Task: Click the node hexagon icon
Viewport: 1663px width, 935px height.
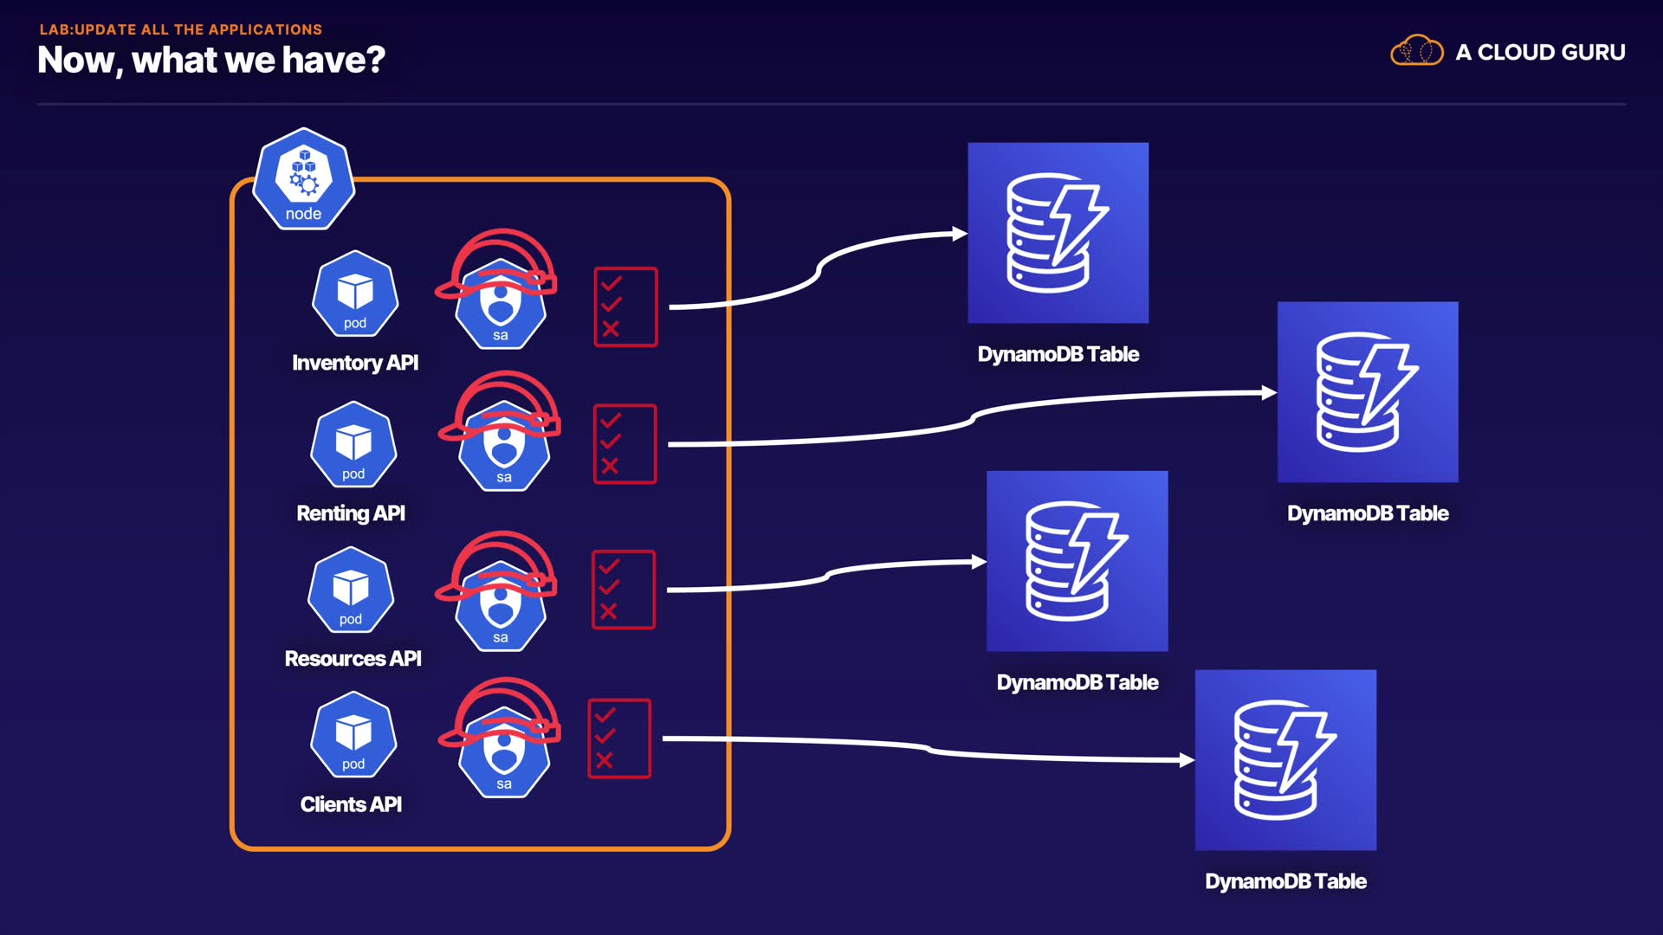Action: pyautogui.click(x=303, y=179)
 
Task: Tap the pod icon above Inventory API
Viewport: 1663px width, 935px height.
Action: pyautogui.click(x=355, y=294)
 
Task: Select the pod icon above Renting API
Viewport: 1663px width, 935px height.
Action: pyautogui.click(x=353, y=444)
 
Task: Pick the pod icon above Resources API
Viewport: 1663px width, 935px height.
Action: pyautogui.click(x=351, y=590)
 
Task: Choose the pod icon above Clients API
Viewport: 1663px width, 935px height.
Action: pyautogui.click(x=353, y=734)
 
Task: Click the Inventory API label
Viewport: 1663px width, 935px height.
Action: pyautogui.click(x=355, y=363)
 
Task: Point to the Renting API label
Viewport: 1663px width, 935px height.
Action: pyautogui.click(x=351, y=513)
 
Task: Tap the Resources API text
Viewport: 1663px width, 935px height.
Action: pyautogui.click(x=353, y=659)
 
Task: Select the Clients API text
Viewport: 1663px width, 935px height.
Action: pyautogui.click(x=351, y=804)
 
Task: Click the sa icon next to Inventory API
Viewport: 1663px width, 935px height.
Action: pyautogui.click(x=501, y=303)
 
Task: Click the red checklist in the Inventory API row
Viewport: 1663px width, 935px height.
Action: pyautogui.click(x=625, y=306)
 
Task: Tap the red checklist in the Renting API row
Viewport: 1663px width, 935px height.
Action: pyautogui.click(x=624, y=443)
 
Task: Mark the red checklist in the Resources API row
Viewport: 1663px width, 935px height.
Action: pyautogui.click(x=623, y=589)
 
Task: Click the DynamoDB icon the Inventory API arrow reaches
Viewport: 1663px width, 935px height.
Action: pyautogui.click(x=1058, y=233)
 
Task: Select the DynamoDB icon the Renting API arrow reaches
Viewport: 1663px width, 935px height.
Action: pyautogui.click(x=1368, y=391)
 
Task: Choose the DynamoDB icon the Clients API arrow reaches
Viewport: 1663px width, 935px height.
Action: pyautogui.click(x=1285, y=759)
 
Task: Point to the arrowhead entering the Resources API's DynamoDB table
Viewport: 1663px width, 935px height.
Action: pyautogui.click(x=979, y=562)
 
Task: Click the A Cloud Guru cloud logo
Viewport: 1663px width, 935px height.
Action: pyautogui.click(x=1416, y=51)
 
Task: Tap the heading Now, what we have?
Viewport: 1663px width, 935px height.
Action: pyautogui.click(x=211, y=60)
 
